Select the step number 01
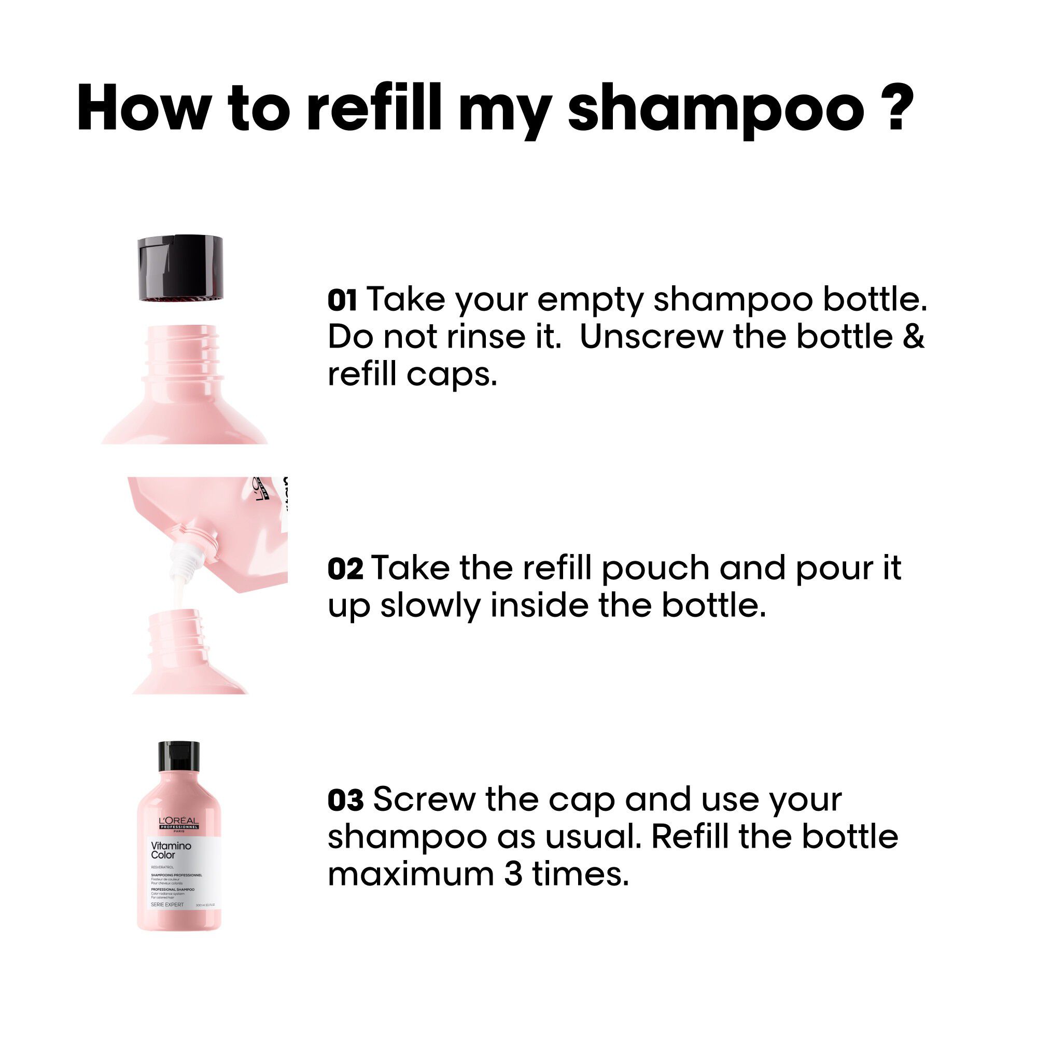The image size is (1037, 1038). pos(342,300)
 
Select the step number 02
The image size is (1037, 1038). pos(345,570)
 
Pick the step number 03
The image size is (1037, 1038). pos(345,800)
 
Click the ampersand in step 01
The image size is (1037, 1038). pos(913,337)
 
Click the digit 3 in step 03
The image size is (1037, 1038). pos(513,874)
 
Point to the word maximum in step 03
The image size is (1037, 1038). pos(410,874)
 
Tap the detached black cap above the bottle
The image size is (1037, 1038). pos(180,268)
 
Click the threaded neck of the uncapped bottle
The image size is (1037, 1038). pos(183,349)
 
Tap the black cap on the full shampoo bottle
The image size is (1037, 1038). pos(179,756)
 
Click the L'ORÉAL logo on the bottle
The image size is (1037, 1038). pos(179,823)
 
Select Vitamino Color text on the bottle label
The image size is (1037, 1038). pos(170,851)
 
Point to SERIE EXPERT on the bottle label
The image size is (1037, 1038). pos(167,905)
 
